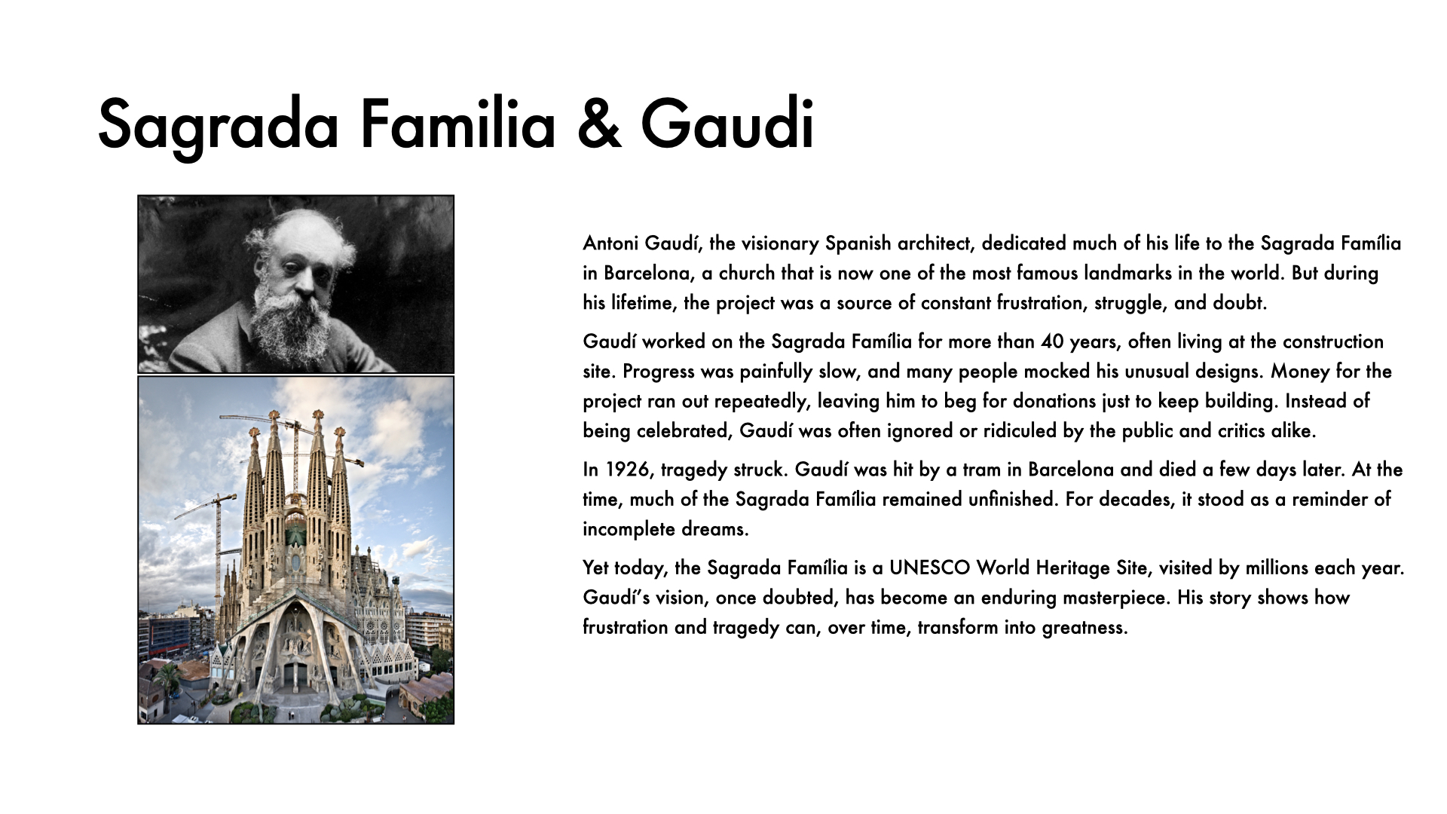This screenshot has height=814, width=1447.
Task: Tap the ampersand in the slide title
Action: (x=599, y=124)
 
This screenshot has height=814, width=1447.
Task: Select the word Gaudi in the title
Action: (x=727, y=124)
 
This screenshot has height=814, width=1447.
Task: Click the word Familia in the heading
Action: (x=457, y=124)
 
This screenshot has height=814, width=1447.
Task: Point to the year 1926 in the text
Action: (x=627, y=470)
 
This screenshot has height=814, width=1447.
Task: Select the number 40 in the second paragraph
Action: (x=1051, y=341)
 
